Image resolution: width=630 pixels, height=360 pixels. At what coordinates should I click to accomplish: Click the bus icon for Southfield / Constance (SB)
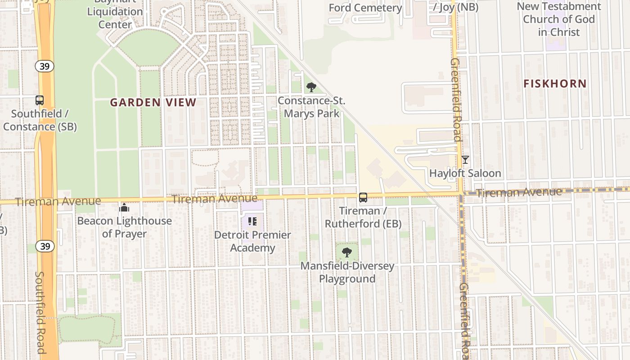pos(40,100)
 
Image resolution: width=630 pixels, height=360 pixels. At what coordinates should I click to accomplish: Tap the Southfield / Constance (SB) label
pos(40,120)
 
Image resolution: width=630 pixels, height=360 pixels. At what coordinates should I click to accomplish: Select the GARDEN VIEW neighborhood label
pos(153,103)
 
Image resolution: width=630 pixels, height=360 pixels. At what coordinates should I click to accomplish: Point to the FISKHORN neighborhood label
pos(555,84)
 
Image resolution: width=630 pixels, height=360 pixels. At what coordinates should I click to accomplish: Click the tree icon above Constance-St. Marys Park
pos(311,87)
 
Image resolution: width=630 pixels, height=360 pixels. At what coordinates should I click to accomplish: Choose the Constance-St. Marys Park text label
pos(311,107)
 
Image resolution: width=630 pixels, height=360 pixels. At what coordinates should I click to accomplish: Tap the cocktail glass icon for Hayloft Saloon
pos(465,160)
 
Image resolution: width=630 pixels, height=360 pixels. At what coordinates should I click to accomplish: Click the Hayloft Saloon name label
pos(465,173)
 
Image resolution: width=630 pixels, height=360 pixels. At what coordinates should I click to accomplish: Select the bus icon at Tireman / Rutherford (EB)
pos(363,197)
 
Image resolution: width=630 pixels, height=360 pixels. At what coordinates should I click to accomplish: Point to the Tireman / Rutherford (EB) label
pos(363,217)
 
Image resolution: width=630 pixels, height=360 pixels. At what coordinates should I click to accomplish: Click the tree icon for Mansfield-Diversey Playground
pos(346,252)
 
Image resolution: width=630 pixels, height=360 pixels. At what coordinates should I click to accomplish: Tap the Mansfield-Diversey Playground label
pos(347,272)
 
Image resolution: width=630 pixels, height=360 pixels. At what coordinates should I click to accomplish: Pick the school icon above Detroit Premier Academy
pos(252,221)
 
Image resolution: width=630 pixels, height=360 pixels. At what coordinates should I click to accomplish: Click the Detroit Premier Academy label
pos(252,241)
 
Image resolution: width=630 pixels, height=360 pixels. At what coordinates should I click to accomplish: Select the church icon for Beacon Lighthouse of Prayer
pos(124,207)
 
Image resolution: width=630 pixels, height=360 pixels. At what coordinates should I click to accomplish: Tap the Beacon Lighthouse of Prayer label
pos(124,227)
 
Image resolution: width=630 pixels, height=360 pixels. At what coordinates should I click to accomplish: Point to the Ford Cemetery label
pos(365,8)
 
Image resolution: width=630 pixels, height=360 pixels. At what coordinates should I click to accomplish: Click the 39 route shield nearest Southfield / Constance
pos(45,66)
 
